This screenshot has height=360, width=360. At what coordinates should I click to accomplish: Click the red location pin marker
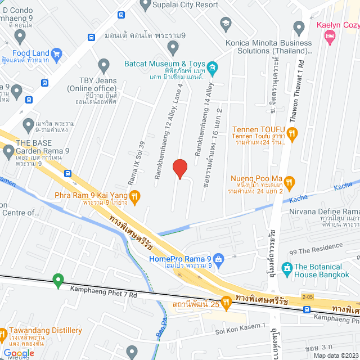tap(179, 168)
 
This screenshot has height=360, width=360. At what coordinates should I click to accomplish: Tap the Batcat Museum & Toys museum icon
tap(213, 69)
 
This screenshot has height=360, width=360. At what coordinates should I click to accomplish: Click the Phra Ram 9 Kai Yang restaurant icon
tap(134, 196)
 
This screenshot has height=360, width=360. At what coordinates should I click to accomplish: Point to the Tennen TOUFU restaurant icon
tap(292, 134)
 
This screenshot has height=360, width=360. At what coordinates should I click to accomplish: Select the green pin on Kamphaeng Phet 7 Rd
tap(57, 279)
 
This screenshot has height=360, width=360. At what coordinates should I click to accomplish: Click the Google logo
tap(20, 353)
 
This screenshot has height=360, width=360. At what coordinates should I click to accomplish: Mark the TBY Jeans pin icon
tap(103, 65)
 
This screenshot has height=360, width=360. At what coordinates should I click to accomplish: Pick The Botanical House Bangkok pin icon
tap(287, 267)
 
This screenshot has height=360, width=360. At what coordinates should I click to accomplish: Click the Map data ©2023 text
tap(335, 355)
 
